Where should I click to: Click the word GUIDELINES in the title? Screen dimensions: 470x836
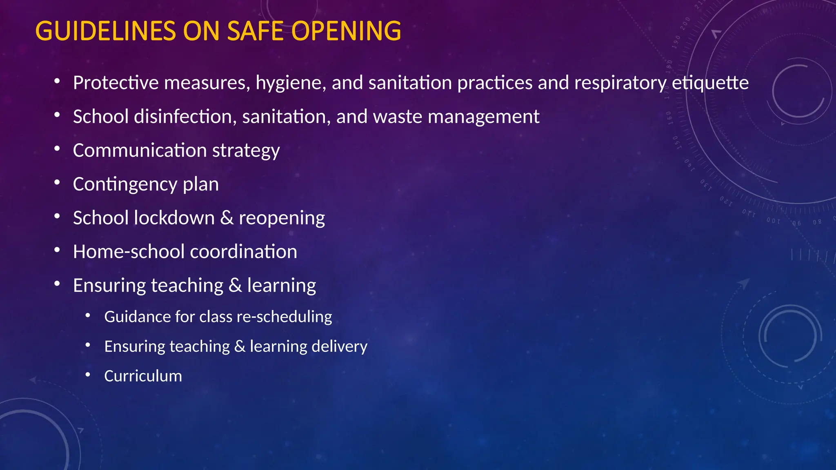106,31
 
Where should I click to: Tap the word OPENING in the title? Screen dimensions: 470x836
347,31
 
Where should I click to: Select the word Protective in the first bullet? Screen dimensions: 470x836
116,83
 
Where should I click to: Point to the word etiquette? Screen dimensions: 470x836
710,83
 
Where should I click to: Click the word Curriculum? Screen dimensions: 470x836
143,376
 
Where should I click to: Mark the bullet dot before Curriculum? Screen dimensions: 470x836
88,374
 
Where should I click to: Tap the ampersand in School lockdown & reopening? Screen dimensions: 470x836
227,218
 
